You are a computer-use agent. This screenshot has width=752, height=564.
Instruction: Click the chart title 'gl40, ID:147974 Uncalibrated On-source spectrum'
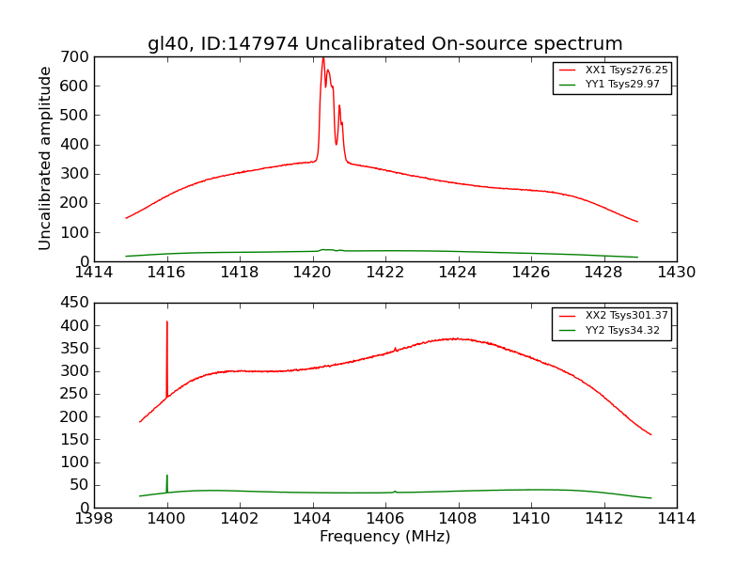point(384,44)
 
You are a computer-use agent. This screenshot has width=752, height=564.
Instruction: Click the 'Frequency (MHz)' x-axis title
point(384,537)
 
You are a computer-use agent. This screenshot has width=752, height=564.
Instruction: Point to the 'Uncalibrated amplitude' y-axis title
point(45,158)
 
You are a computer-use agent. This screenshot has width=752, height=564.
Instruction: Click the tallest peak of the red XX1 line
point(322,59)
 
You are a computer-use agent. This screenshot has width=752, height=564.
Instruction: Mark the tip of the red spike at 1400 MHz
point(167,321)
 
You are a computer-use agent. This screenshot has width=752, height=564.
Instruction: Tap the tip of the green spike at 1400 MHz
point(167,476)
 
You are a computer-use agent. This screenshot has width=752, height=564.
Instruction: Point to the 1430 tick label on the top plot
point(676,273)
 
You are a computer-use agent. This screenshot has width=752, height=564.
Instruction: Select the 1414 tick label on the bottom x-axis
point(676,519)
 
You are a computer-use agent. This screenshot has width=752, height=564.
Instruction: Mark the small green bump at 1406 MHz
point(395,491)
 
